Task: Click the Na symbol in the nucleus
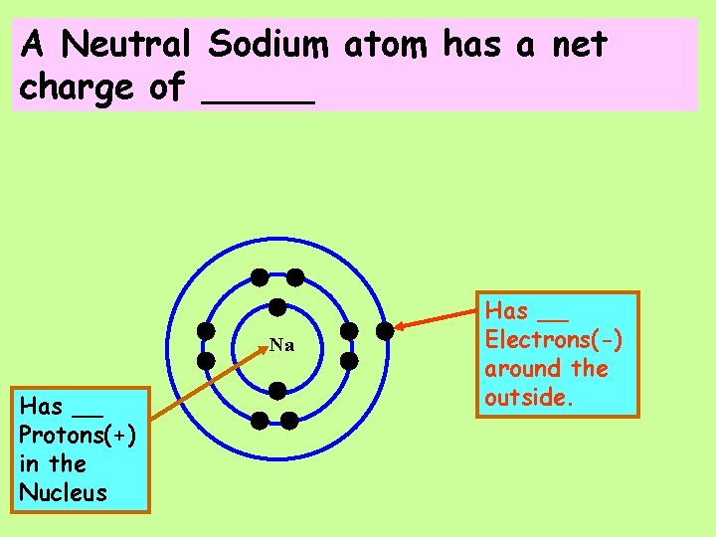point(281,346)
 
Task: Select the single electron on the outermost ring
point(384,329)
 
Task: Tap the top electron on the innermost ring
point(277,306)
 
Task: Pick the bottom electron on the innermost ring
point(277,390)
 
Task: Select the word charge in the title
point(77,88)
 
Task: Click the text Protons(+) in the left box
point(78,436)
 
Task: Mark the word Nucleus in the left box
point(63,492)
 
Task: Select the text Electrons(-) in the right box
point(554,340)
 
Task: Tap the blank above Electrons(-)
point(553,314)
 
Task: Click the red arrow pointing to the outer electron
point(438,318)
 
